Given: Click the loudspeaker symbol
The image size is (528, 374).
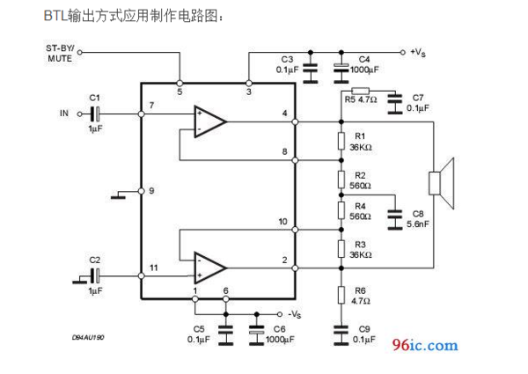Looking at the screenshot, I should click(439, 182).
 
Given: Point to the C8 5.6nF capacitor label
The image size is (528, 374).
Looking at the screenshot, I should click(417, 218).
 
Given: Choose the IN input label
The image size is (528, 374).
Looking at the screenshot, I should click(63, 113).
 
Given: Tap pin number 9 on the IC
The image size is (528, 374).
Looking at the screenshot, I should click(151, 191).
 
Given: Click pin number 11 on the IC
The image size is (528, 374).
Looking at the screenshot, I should click(154, 266).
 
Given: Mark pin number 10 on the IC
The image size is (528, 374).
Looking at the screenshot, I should click(282, 222).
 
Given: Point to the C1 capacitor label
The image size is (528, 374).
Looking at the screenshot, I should click(95, 97).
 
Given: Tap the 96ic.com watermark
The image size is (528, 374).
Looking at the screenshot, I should click(425, 345).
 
